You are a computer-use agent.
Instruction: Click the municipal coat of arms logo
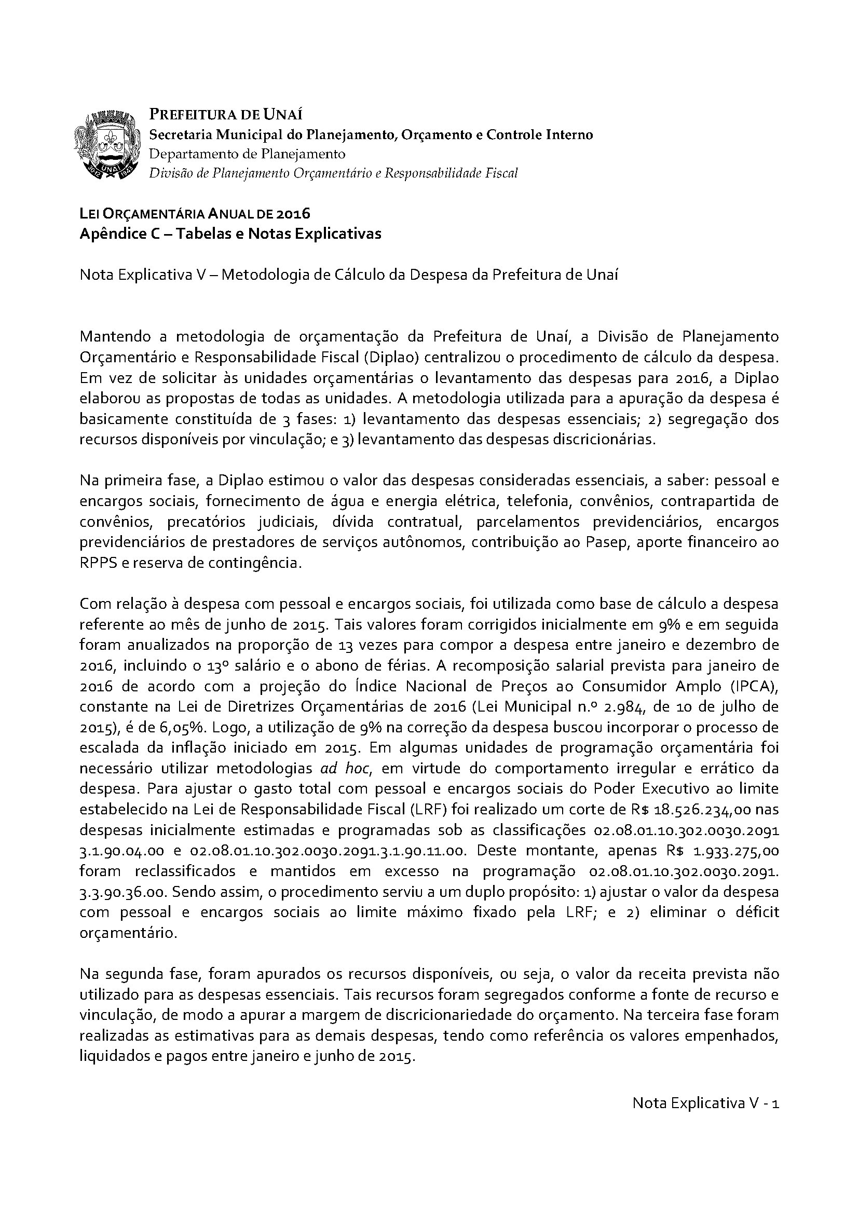[110, 144]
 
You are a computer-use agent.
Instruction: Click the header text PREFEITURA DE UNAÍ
[226, 115]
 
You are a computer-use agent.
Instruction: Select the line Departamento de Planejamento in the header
[247, 154]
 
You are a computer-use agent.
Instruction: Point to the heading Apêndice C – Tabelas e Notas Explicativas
[230, 234]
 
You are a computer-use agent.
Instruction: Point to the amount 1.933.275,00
[737, 851]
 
